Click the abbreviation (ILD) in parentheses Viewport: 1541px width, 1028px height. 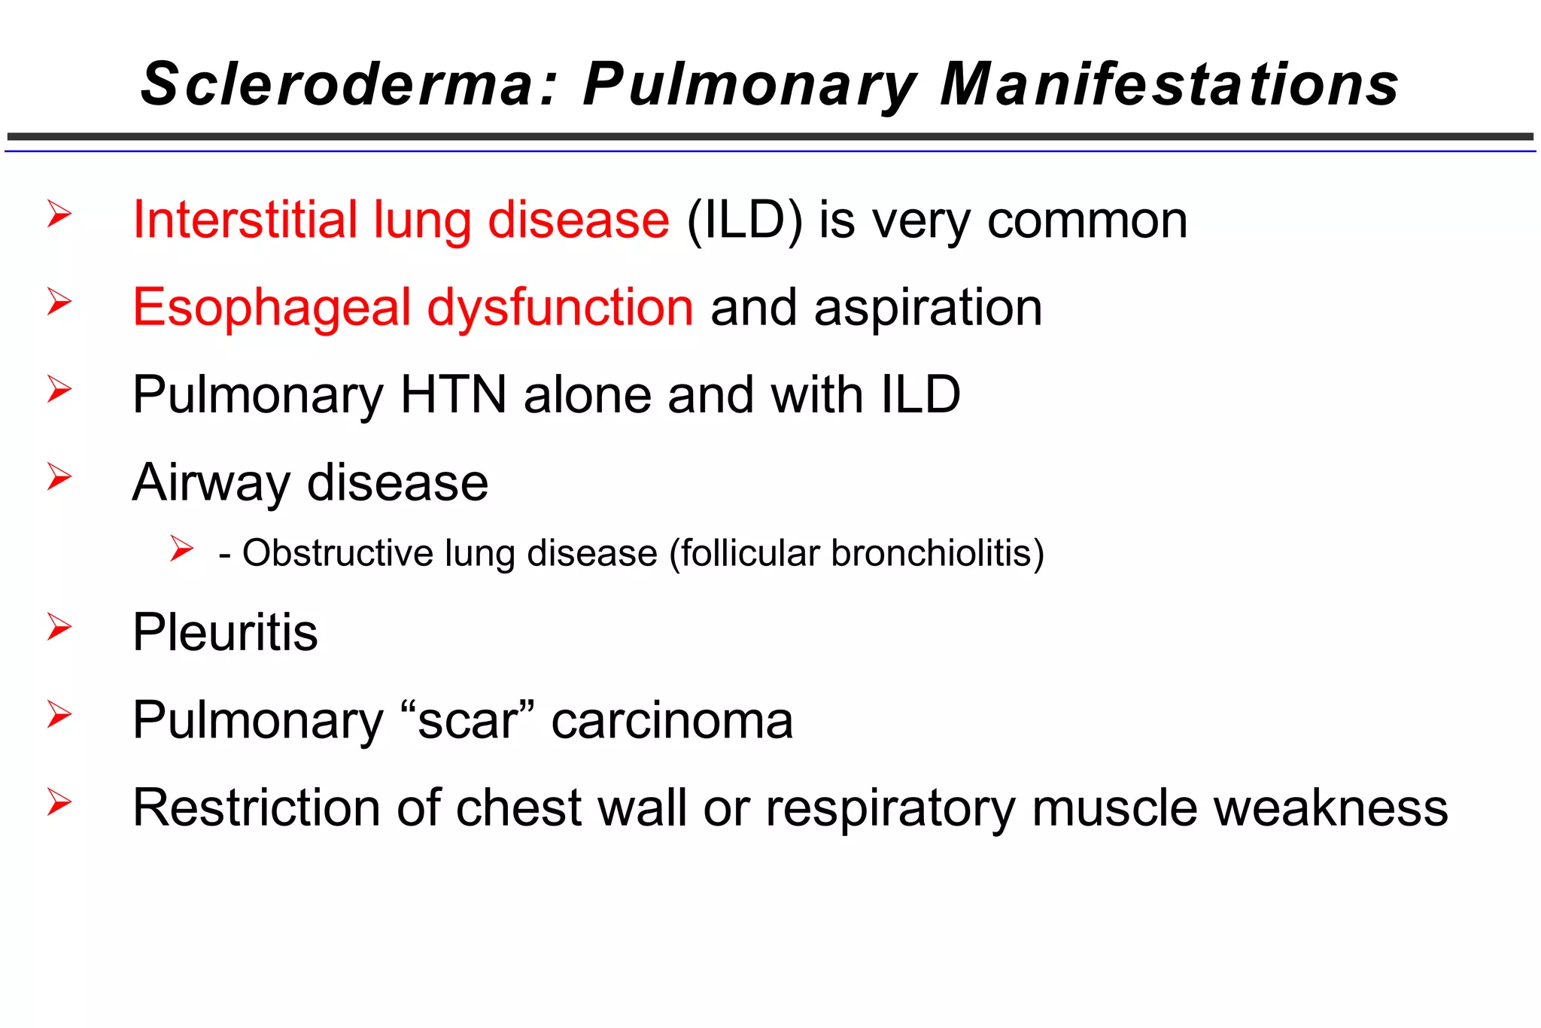[744, 221]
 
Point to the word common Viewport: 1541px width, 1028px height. [1087, 221]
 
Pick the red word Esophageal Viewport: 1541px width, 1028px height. [272, 308]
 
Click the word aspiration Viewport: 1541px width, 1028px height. [929, 308]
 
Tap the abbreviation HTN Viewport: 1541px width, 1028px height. [453, 394]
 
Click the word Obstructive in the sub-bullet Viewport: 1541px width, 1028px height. [337, 553]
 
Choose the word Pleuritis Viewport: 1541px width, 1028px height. [225, 631]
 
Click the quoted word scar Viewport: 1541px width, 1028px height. [467, 720]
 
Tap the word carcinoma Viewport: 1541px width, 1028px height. [672, 720]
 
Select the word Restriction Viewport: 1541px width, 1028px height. [256, 807]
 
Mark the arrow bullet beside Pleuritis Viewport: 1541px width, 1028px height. [59, 627]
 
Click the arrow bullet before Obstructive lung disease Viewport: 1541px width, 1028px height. [181, 549]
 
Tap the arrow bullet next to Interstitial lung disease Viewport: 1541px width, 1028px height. [59, 214]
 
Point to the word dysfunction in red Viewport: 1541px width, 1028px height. [560, 308]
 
